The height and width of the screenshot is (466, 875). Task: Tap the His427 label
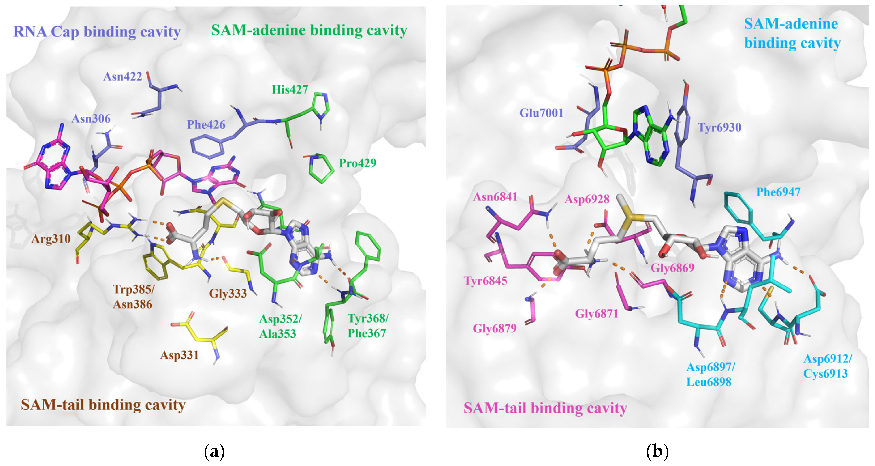[290, 90]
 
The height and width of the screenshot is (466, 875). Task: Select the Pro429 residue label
[357, 163]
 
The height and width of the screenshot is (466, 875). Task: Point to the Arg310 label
[51, 239]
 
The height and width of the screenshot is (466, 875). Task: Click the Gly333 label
[228, 294]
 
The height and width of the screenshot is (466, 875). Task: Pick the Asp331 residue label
[179, 355]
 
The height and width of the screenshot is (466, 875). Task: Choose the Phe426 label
[206, 125]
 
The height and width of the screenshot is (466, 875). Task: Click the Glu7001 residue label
[541, 113]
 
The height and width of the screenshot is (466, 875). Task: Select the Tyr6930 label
[719, 128]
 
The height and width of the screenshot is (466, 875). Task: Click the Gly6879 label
[495, 328]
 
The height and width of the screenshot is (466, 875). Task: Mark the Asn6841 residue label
[495, 197]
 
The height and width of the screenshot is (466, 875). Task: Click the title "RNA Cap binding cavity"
[97, 32]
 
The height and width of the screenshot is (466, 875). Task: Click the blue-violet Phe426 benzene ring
[207, 146]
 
